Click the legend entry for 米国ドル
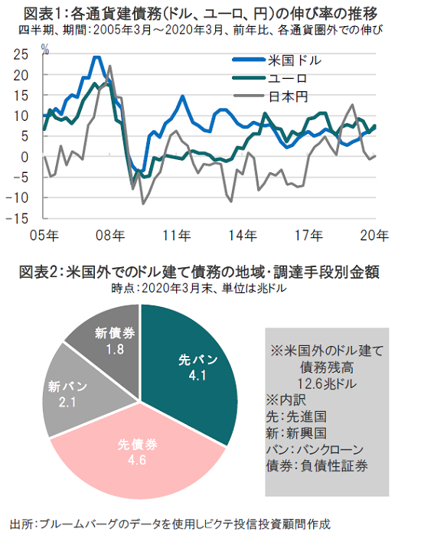pos(277,60)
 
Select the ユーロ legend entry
pos(269,79)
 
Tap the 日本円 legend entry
pos(270,96)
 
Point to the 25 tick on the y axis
pos(21,54)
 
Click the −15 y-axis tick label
pos(17,218)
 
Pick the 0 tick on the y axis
pos(24,157)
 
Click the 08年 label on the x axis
pos(110,236)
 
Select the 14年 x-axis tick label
pos(243,236)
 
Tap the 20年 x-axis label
pos(374,236)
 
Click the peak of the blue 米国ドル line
pos(96,57)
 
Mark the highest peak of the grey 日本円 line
pos(110,66)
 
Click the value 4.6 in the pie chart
pos(137,460)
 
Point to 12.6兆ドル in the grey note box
pos(327,383)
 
